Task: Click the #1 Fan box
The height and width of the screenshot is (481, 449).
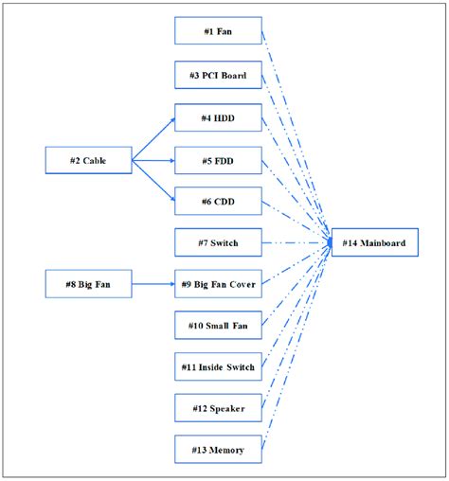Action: (x=218, y=30)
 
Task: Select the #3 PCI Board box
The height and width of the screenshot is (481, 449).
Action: (x=218, y=75)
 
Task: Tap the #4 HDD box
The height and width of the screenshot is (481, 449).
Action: (x=218, y=118)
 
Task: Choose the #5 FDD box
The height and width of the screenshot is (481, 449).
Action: (x=218, y=161)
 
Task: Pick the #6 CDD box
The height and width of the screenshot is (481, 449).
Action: (x=218, y=201)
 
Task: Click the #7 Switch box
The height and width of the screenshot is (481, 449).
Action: (x=218, y=243)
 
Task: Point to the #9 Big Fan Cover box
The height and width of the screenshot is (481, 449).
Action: (x=218, y=282)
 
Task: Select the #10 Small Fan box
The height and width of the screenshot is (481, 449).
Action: (x=218, y=325)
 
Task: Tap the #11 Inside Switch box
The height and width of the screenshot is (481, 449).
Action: (x=218, y=366)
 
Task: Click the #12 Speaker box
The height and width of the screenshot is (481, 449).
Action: (x=218, y=408)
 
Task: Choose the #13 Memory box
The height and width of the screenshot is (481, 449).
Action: (x=218, y=450)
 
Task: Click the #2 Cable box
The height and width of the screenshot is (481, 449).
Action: (x=88, y=161)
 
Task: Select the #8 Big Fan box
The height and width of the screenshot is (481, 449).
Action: (x=88, y=282)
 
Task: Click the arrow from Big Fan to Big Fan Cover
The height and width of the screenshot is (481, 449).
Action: (x=152, y=282)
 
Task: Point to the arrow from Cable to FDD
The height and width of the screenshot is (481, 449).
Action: (x=152, y=161)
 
